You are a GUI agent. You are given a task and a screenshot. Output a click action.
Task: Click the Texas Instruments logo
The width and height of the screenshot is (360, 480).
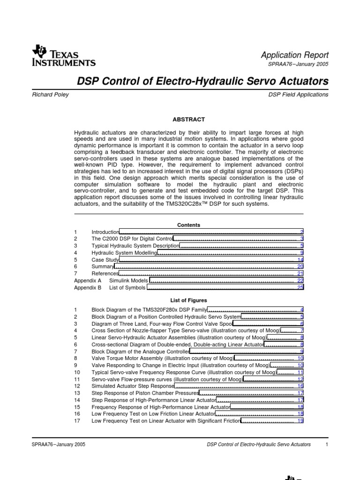63,56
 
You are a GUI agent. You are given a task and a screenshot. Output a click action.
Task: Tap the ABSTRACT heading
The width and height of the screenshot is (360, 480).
189,120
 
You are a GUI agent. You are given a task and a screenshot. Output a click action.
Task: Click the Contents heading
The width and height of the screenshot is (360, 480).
189,225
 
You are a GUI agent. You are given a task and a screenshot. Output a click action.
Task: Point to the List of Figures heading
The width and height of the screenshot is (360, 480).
189,300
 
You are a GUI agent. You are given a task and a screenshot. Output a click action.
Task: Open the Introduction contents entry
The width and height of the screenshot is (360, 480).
105,232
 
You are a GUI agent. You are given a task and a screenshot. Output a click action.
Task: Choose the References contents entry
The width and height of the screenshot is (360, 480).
105,273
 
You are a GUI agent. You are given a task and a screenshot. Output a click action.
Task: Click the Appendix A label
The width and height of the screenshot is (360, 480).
88,280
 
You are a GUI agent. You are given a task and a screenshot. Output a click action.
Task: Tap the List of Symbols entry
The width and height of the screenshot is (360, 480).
128,287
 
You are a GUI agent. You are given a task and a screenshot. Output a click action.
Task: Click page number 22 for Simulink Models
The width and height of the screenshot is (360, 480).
300,280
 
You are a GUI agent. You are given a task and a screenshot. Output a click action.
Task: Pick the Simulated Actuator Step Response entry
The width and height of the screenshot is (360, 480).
133,386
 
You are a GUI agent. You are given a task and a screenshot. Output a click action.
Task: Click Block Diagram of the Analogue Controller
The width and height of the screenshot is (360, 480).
140,351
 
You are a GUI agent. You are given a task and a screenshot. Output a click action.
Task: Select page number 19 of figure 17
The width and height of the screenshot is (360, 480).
300,421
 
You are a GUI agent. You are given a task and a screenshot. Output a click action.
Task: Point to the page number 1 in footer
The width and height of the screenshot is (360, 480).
326,444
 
